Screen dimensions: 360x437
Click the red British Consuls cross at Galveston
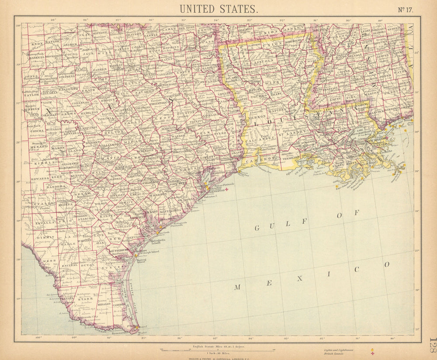coord(226,190)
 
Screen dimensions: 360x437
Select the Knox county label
coord(37,44)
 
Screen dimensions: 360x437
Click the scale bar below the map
coord(217,350)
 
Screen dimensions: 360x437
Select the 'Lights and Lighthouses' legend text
coord(339,350)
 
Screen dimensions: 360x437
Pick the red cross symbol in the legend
coord(372,353)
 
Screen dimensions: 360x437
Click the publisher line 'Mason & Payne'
coord(217,358)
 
